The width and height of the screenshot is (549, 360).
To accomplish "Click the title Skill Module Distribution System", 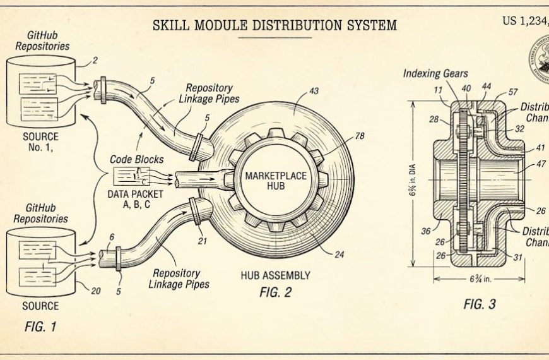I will (274, 25).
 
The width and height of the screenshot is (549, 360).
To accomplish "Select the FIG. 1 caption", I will (40, 328).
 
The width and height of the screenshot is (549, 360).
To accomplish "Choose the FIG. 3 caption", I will (480, 304).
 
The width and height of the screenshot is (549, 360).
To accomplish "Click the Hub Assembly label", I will (275, 275).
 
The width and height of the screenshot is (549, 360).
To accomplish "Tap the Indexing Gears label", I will (435, 74).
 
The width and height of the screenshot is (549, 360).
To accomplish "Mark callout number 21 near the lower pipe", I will (203, 240).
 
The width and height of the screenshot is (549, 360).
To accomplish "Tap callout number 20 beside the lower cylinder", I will (96, 291).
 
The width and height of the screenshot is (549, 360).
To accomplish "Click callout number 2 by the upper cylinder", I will (95, 61).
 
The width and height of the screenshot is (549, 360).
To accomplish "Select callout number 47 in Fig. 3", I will (540, 164).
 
